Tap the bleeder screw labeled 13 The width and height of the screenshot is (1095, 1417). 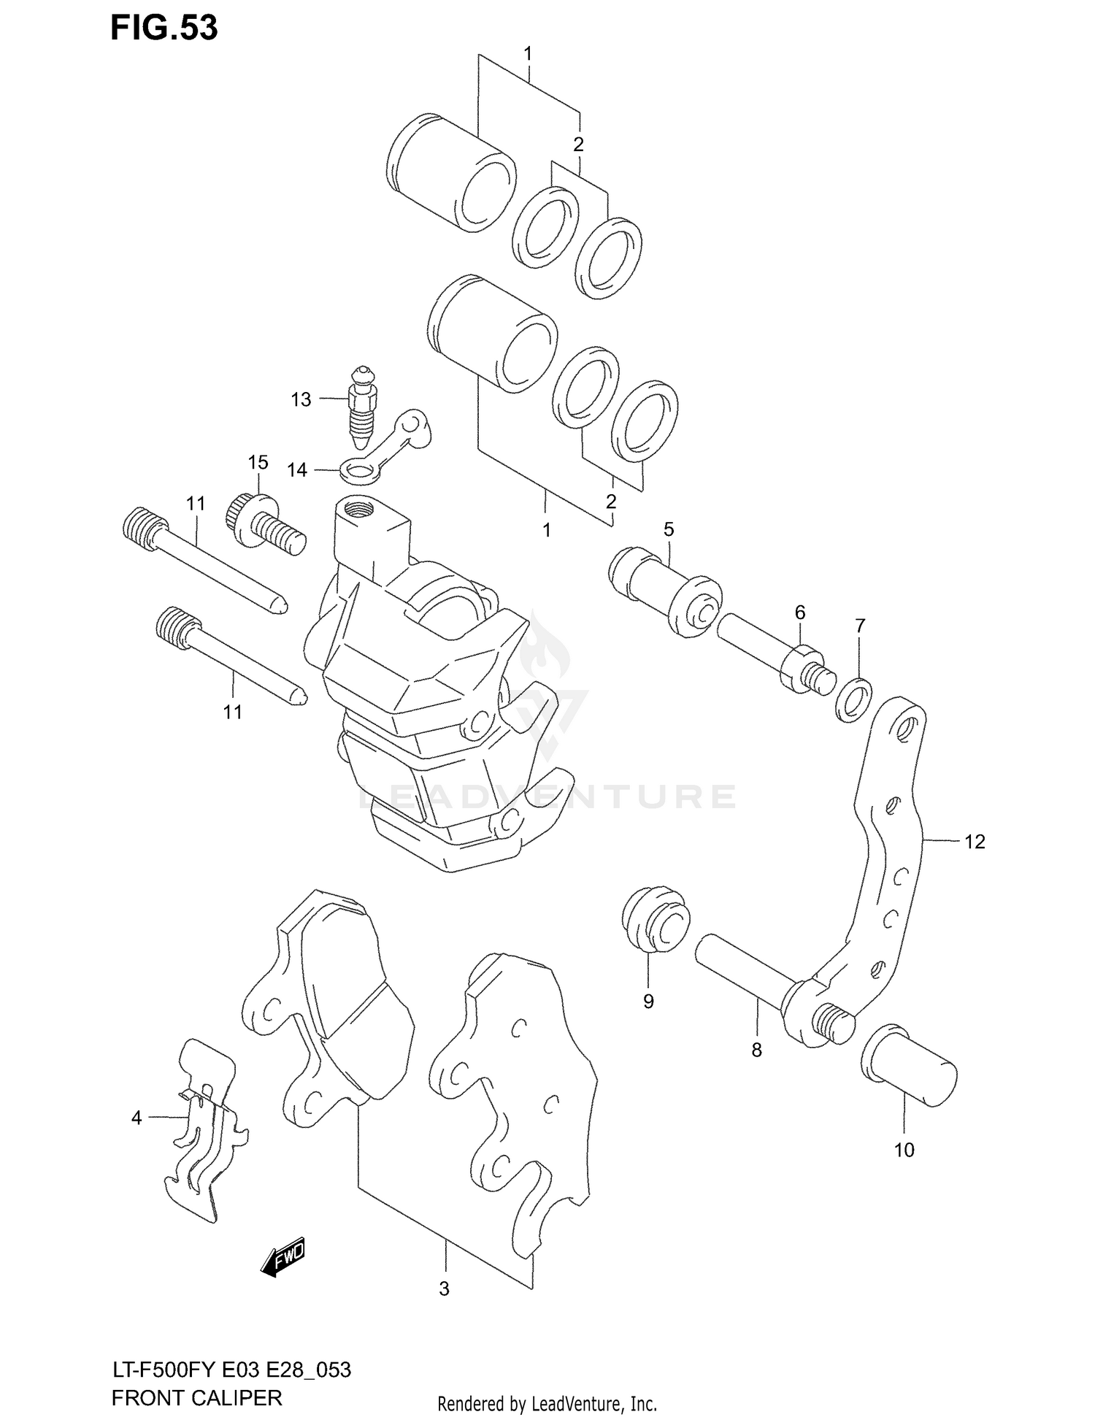(x=363, y=409)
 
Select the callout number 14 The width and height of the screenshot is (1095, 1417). (x=297, y=470)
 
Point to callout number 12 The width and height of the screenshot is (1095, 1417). (x=975, y=842)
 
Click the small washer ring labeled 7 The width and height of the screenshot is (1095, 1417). (x=853, y=699)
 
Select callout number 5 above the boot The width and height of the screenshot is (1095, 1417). (x=669, y=529)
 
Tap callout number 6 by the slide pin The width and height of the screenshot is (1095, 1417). (x=800, y=612)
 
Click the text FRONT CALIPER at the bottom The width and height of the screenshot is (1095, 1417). (x=196, y=1397)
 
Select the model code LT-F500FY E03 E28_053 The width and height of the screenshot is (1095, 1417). (x=231, y=1370)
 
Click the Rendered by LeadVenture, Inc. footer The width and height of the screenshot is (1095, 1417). (x=547, y=1403)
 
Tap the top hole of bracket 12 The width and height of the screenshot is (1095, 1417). (x=906, y=726)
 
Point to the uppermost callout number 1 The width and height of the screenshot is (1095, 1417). (x=527, y=54)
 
